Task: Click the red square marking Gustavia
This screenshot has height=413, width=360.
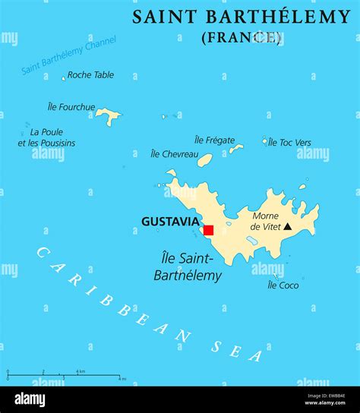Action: (x=208, y=230)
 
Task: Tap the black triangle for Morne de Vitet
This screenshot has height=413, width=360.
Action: (x=288, y=226)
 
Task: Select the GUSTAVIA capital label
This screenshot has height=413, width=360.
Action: (x=170, y=222)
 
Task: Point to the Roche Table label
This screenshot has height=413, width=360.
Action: (x=90, y=74)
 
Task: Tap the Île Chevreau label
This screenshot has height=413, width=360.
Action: (x=175, y=154)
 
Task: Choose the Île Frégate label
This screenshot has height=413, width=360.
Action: (x=215, y=140)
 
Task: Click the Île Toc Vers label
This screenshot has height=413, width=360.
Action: (x=289, y=142)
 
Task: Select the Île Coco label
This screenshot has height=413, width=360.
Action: (x=283, y=285)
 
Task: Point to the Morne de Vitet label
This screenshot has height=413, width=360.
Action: (x=265, y=221)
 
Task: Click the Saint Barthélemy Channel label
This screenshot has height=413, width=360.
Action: (x=69, y=55)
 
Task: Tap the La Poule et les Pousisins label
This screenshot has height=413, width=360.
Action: (x=46, y=137)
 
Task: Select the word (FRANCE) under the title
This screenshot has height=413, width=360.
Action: (x=242, y=36)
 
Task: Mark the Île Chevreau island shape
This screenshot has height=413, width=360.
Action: (x=205, y=160)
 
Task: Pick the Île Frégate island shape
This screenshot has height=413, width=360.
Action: (x=236, y=149)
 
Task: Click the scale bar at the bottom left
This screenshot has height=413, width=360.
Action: (x=64, y=376)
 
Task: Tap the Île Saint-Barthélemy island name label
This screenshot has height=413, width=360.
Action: (x=188, y=266)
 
